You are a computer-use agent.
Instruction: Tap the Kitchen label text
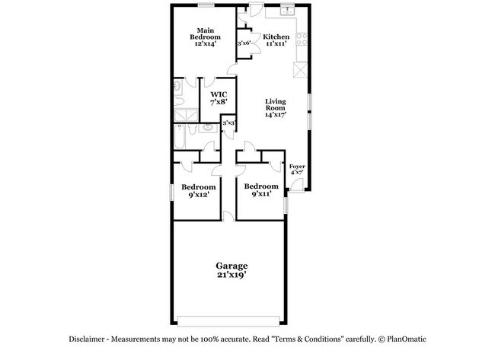[276, 37]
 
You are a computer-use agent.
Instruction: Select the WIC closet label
[219, 94]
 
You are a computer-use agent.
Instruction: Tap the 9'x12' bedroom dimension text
[198, 195]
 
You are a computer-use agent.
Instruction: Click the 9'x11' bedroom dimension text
[260, 195]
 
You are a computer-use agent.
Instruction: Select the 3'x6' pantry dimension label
[244, 43]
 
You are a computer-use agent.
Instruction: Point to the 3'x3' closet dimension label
[228, 122]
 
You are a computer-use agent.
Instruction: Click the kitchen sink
[287, 11]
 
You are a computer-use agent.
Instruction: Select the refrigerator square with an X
[299, 69]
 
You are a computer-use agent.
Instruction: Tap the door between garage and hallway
[228, 215]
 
